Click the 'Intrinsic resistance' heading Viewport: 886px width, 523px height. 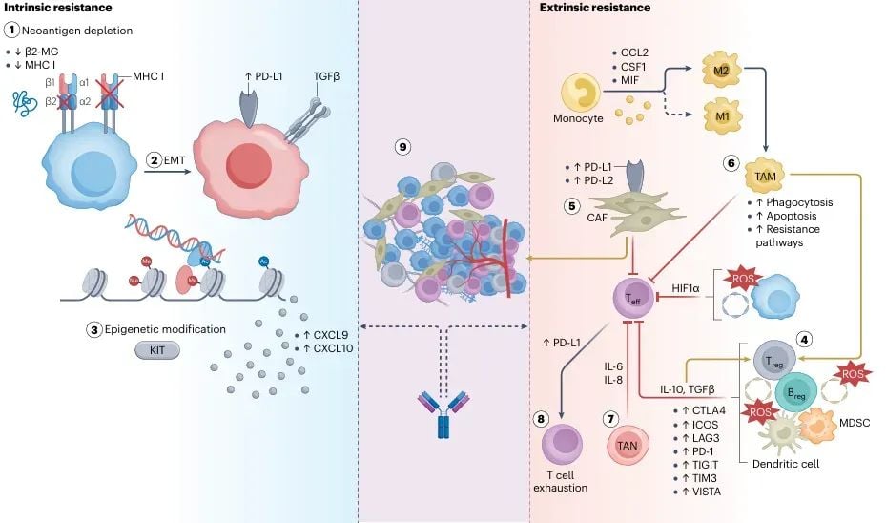(x=47, y=9)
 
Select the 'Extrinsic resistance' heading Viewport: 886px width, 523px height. (x=595, y=9)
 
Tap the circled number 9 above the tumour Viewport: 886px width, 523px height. (x=405, y=147)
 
